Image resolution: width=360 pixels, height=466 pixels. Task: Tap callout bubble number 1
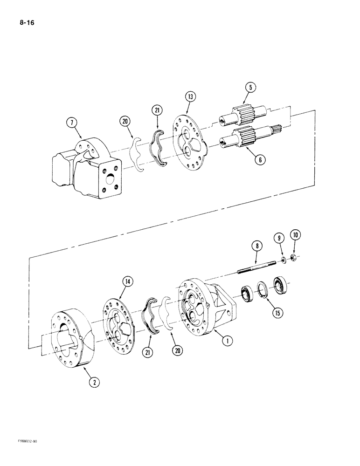pyautogui.click(x=227, y=341)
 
